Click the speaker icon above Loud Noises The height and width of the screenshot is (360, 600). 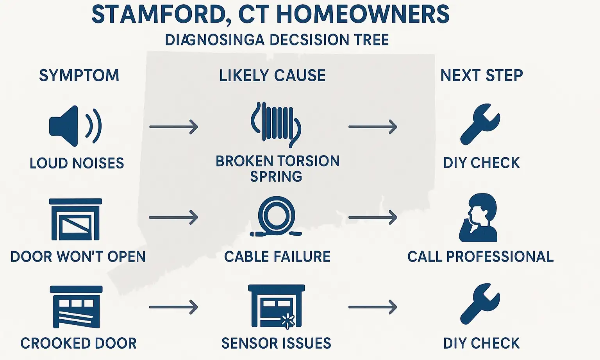click(x=75, y=126)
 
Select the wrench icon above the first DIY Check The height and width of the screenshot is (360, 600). click(x=480, y=124)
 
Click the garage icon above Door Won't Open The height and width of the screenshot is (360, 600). click(x=75, y=219)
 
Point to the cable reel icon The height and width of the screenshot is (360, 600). click(x=276, y=217)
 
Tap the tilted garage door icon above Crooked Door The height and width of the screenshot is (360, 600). click(x=76, y=307)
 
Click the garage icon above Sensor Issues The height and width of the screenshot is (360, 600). click(x=277, y=306)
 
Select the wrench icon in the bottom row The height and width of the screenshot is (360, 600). click(x=480, y=304)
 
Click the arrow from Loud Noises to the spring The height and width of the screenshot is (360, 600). click(x=174, y=127)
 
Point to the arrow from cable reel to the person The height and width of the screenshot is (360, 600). click(x=373, y=217)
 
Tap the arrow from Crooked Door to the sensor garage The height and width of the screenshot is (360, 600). click(x=174, y=307)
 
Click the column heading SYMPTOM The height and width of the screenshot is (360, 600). click(x=79, y=75)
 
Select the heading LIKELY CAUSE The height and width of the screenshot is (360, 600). click(x=272, y=75)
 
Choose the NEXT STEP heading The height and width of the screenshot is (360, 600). click(x=482, y=75)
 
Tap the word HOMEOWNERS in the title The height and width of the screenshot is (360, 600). click(x=363, y=14)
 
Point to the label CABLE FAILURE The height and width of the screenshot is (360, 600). click(x=277, y=256)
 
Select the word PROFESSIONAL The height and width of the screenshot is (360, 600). click(x=500, y=256)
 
